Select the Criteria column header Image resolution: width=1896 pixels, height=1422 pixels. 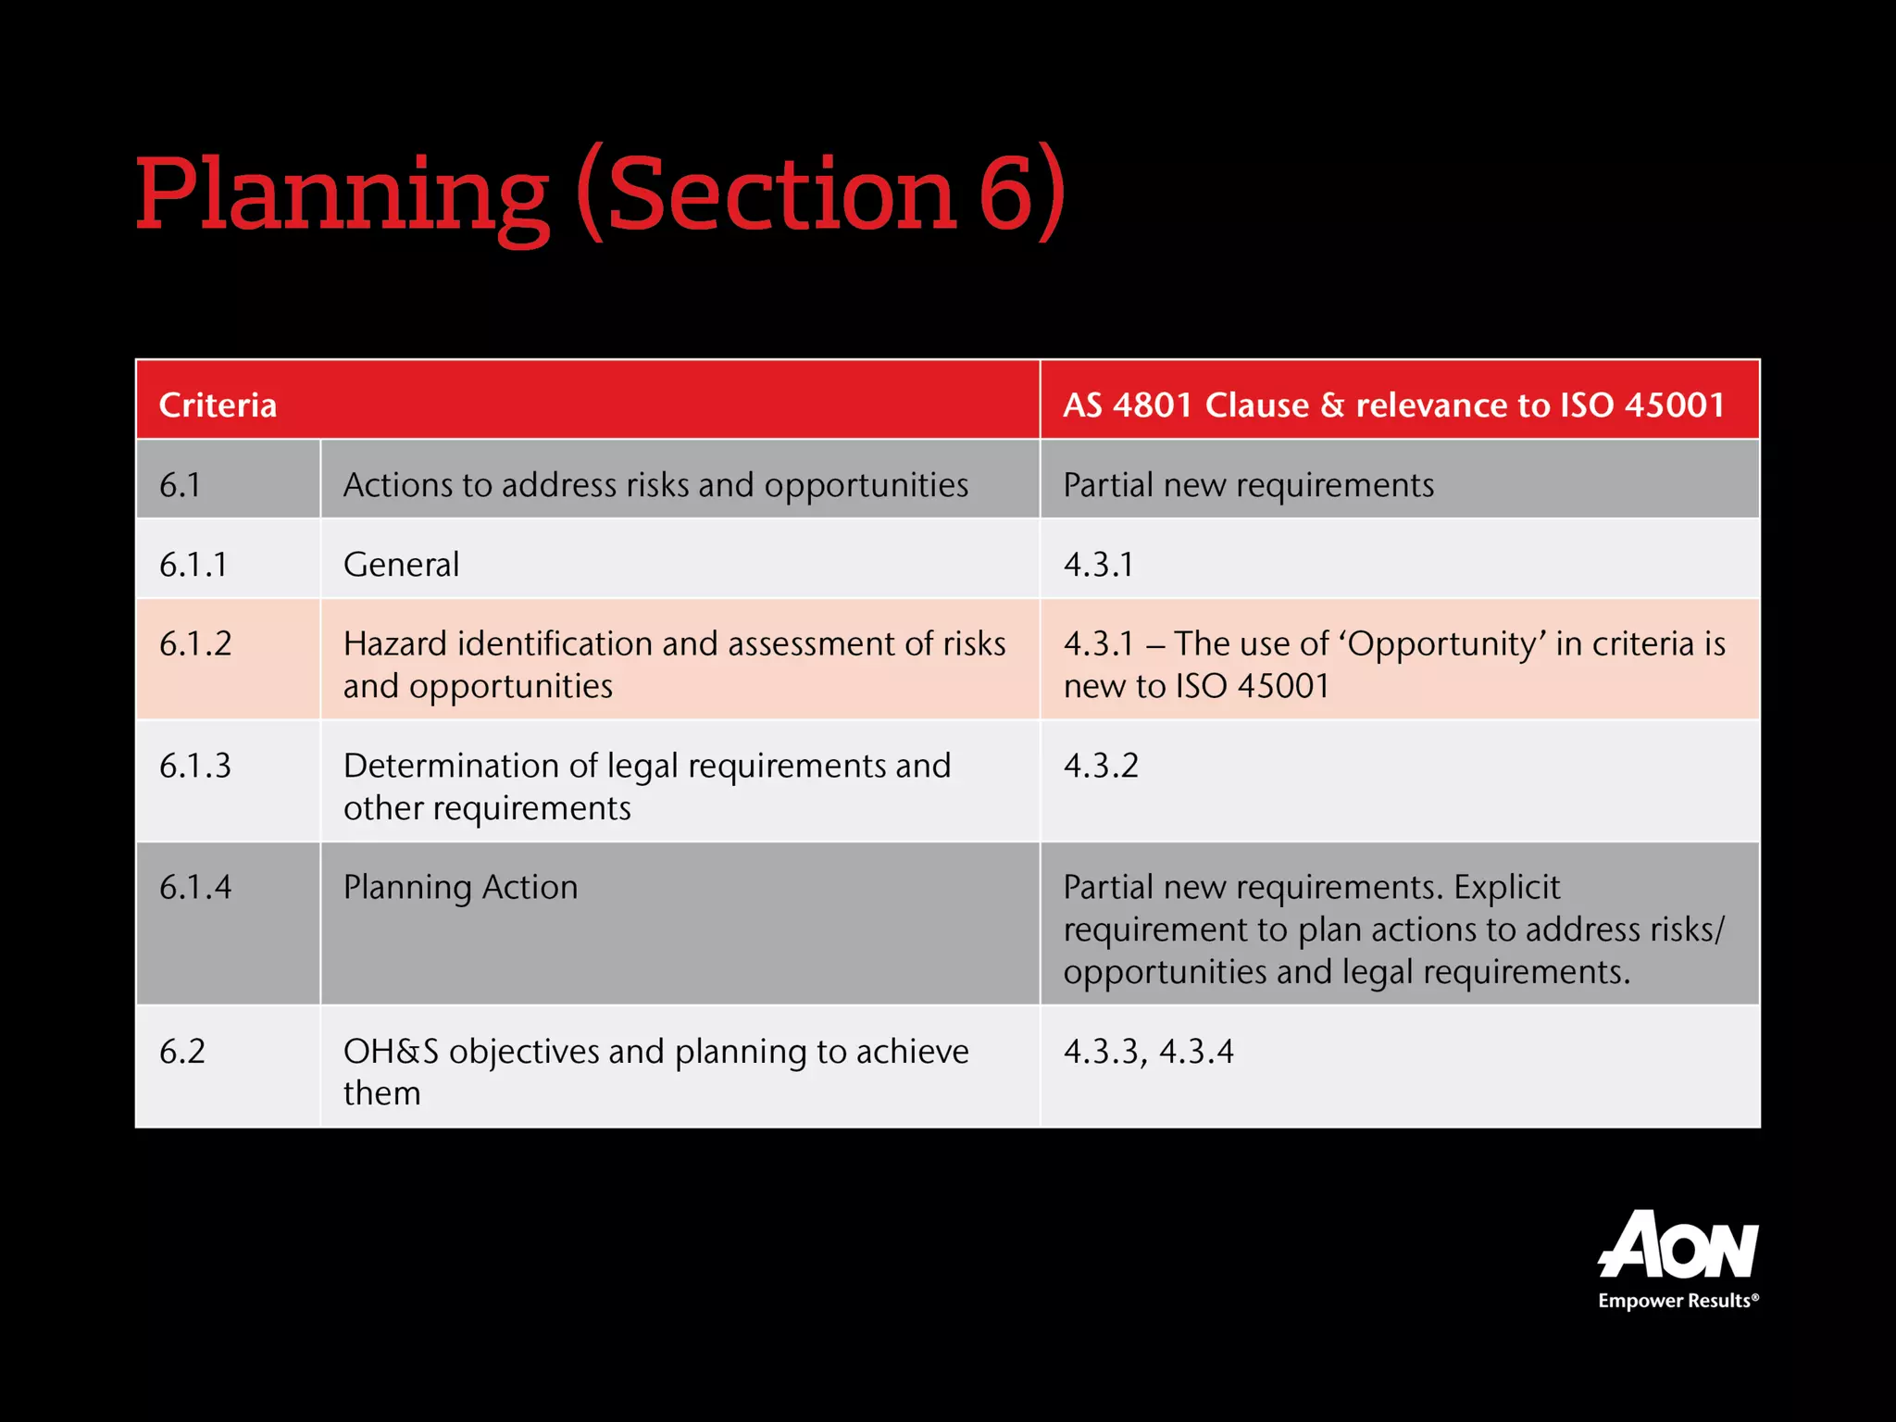coord(218,405)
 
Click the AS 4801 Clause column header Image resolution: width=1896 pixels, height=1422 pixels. coord(1393,405)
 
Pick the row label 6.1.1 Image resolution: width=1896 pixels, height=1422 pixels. coord(193,565)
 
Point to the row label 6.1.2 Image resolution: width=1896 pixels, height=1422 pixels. coord(195,643)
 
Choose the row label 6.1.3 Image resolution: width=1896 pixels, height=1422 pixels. coord(195,766)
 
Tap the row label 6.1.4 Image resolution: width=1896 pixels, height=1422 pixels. coord(195,887)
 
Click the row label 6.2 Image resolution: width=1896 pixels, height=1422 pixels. coord(182,1052)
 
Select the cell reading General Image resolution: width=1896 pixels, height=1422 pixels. coord(401,565)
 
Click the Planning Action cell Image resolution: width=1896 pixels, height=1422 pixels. coord(460,887)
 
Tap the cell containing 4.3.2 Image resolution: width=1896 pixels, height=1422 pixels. coord(1101,766)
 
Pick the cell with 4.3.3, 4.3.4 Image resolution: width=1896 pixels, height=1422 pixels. coord(1148,1052)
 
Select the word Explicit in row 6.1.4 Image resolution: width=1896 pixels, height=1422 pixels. coord(1506,887)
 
